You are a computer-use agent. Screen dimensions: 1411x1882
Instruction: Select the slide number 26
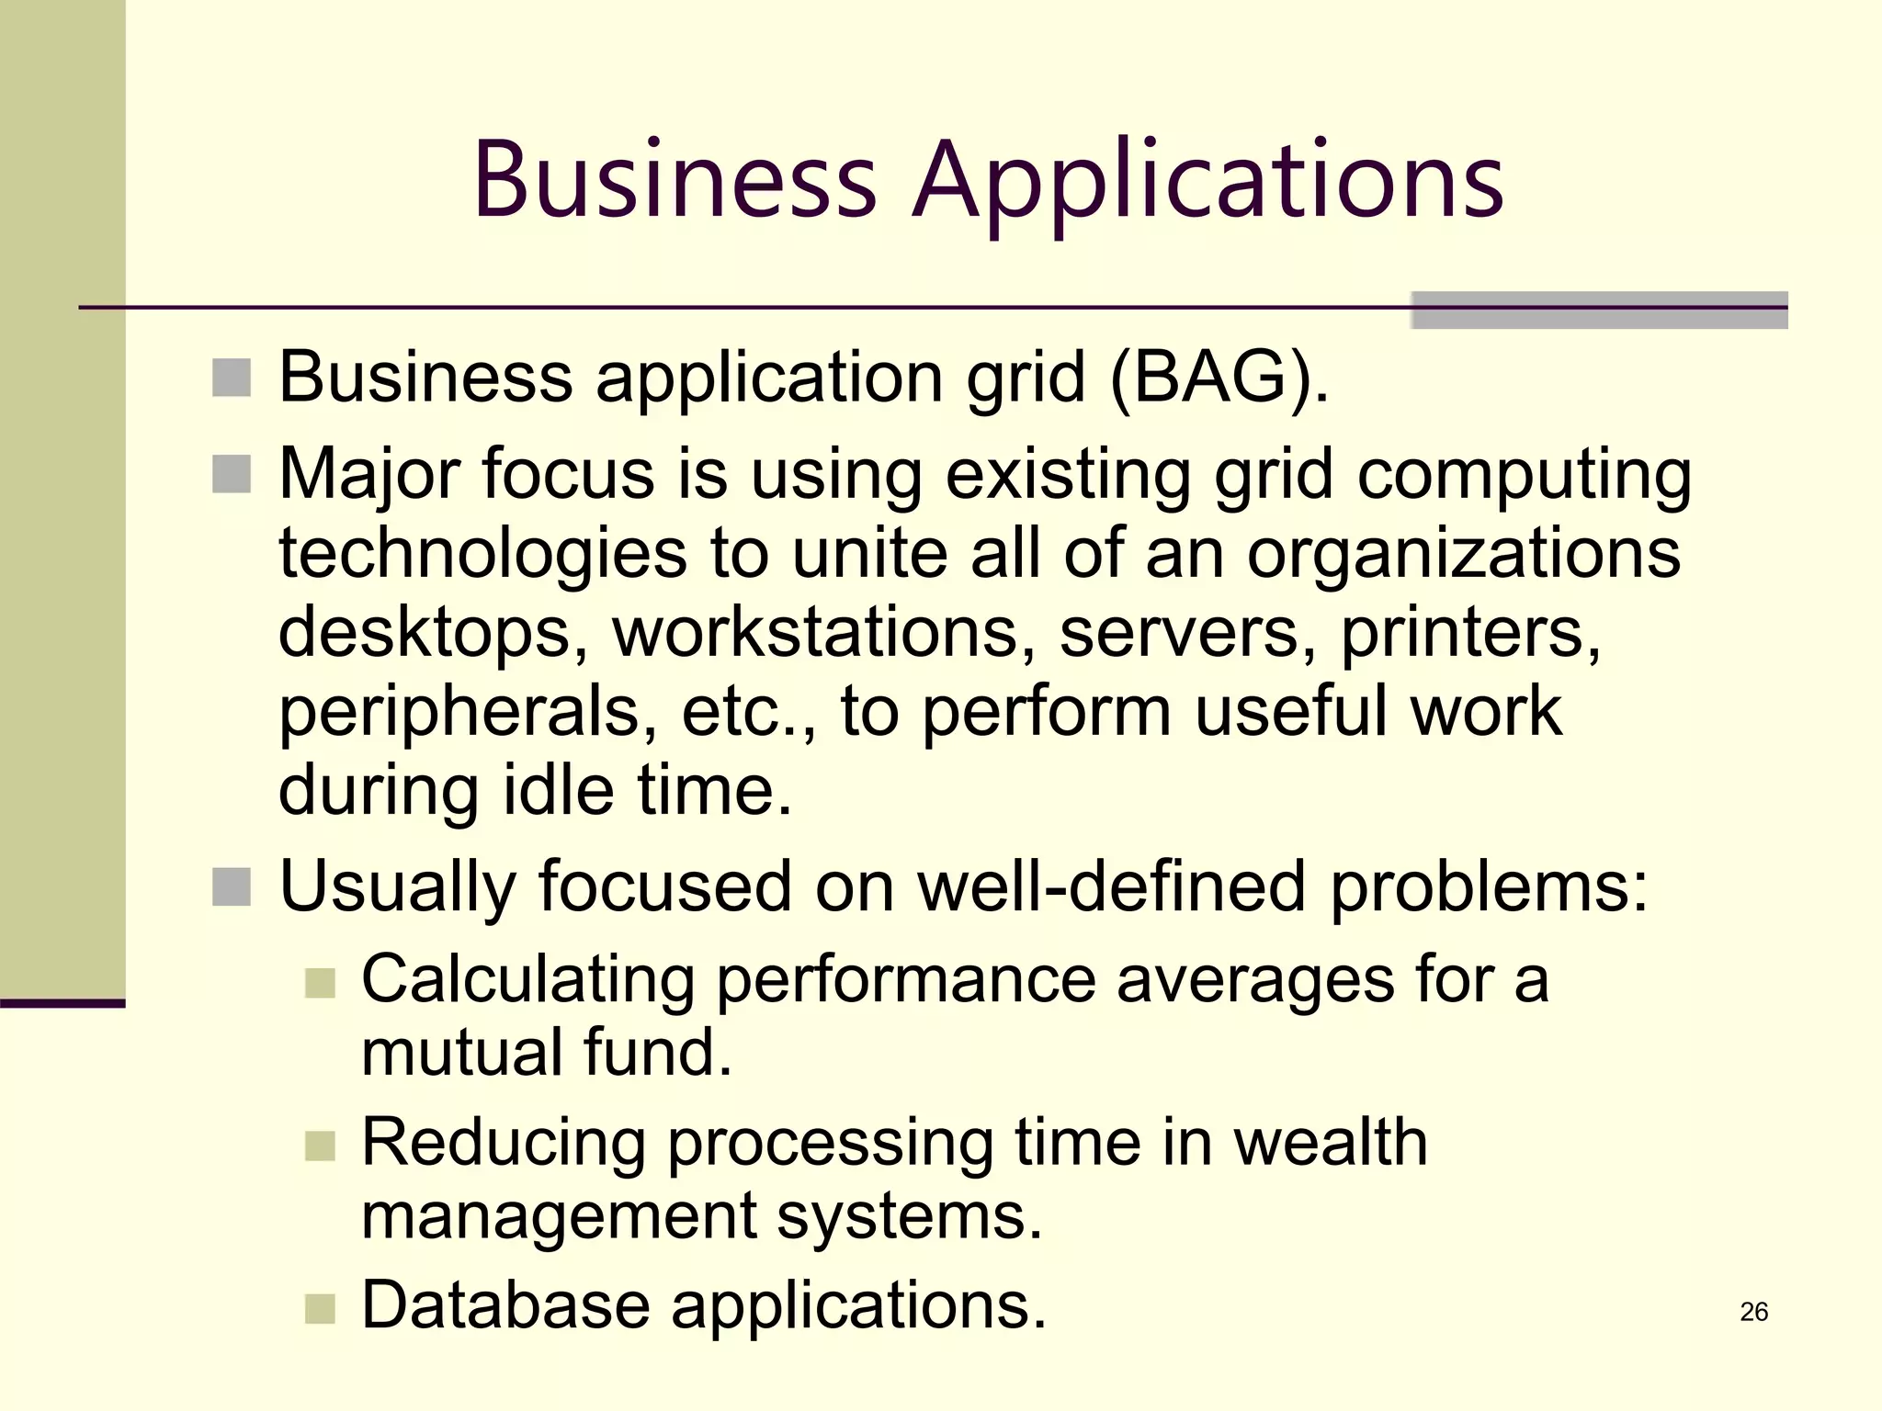coord(1753,1311)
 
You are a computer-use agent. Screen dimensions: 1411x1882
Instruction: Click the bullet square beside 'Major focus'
coord(232,474)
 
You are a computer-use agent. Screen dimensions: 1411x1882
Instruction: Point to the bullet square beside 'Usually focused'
coord(232,886)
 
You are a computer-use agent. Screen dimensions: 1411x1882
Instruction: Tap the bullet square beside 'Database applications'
coord(320,1308)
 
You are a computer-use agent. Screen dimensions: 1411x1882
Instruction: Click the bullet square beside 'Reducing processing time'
coord(320,1146)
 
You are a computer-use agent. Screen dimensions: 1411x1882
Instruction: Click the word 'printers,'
coord(1470,632)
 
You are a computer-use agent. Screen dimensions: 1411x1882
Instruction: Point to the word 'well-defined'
coord(1112,886)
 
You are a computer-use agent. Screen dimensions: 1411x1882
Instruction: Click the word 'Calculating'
coord(527,979)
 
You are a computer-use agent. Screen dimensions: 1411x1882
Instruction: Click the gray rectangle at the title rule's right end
coord(1599,310)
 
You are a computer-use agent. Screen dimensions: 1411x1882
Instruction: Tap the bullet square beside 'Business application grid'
coord(232,378)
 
